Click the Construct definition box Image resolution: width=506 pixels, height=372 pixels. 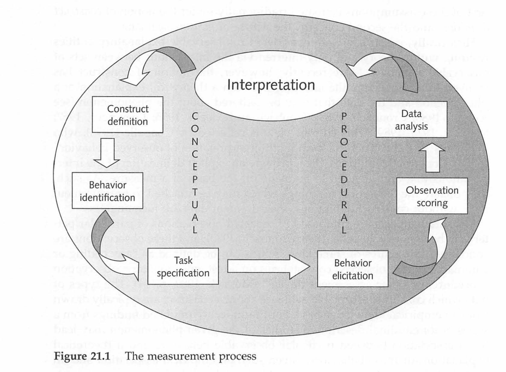(128, 115)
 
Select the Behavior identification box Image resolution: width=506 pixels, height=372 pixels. (107, 191)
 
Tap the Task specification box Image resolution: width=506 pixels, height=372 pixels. (183, 266)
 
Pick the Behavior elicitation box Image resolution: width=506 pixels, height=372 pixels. (353, 269)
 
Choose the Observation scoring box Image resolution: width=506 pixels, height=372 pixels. (432, 196)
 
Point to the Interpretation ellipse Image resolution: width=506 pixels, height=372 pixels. (271, 85)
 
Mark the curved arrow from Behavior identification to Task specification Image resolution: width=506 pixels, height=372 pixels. (110, 249)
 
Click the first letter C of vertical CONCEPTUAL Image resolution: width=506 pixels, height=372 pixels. (195, 116)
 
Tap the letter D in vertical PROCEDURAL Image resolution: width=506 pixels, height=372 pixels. (344, 180)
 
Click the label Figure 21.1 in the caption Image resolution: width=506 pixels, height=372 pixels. (82, 356)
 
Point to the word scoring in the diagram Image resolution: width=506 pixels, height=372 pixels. (432, 203)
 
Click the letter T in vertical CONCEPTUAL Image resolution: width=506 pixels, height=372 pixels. (195, 192)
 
